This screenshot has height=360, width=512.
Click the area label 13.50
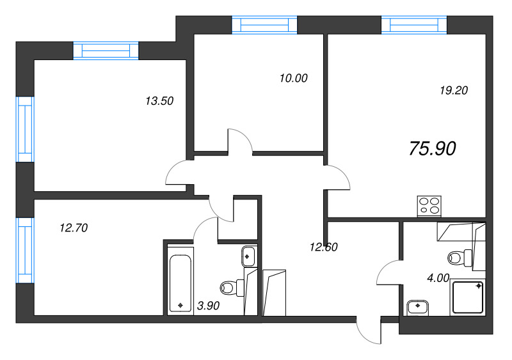tap(160, 100)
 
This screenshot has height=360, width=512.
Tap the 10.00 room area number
tap(294, 79)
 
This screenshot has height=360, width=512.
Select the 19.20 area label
tap(454, 90)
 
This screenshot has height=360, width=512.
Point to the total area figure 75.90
tap(432, 148)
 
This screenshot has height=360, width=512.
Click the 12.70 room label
tap(73, 226)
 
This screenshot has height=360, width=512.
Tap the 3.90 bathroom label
tap(209, 306)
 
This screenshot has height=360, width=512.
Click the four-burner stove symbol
tap(429, 205)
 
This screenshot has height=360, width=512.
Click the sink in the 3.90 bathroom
tap(248, 257)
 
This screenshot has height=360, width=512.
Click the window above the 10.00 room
tap(264, 24)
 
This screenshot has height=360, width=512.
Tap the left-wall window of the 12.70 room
tap(24, 249)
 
